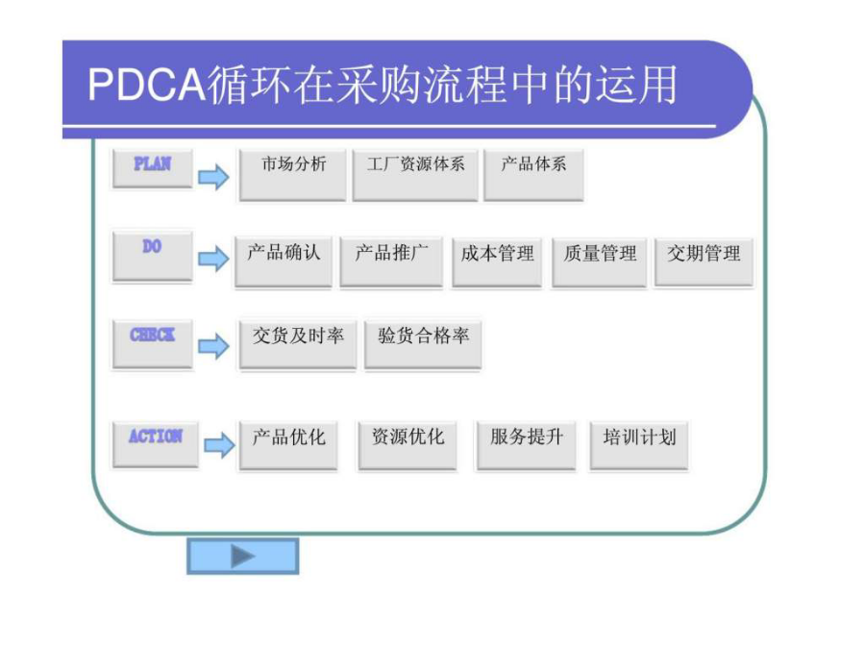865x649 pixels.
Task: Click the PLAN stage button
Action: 152,167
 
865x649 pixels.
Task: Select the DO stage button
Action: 152,255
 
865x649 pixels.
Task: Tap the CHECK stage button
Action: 152,342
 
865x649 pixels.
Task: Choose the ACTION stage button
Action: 155,442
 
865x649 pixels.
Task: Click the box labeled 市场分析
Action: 292,173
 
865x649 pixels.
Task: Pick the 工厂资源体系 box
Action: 414,173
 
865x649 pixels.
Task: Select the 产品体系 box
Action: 533,173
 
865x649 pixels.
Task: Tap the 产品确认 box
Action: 284,261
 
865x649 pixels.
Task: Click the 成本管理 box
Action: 497,261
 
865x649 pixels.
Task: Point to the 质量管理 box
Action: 600,261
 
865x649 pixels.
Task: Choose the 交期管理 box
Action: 704,261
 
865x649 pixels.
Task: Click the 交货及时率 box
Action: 298,343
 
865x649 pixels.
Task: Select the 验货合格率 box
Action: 423,343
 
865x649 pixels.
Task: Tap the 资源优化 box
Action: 408,444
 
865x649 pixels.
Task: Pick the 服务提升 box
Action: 526,444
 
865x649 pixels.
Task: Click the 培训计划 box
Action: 639,444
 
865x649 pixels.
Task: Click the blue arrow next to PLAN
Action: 213,177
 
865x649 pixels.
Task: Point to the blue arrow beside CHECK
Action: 213,346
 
